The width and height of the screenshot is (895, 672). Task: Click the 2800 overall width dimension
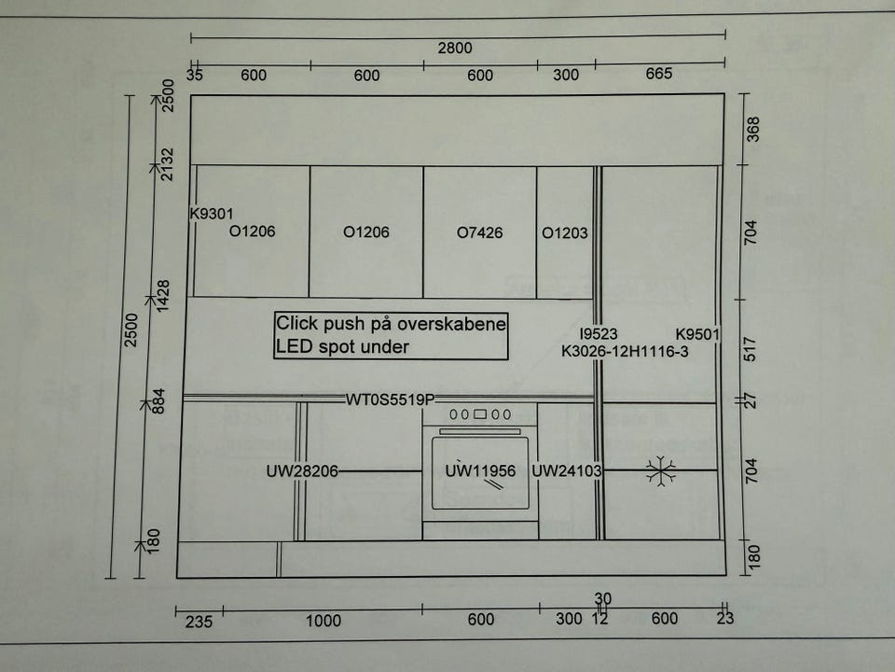pyautogui.click(x=455, y=48)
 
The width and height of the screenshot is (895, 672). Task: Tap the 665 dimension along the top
pyautogui.click(x=659, y=74)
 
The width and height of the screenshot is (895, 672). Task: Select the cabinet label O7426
pyautogui.click(x=479, y=232)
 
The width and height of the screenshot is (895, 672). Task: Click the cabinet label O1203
pyautogui.click(x=565, y=232)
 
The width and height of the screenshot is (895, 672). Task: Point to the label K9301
pyautogui.click(x=212, y=214)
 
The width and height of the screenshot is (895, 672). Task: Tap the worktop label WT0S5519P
pyautogui.click(x=391, y=399)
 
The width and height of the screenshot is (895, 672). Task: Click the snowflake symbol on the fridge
pyautogui.click(x=660, y=471)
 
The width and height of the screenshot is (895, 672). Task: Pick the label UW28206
pyautogui.click(x=302, y=471)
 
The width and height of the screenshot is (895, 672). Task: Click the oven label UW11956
pyautogui.click(x=480, y=470)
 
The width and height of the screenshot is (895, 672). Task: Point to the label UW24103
pyautogui.click(x=567, y=470)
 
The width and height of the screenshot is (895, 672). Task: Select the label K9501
pyautogui.click(x=697, y=334)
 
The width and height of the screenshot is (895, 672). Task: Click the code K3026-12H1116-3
pyautogui.click(x=625, y=352)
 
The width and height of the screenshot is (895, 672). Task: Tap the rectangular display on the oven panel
pyautogui.click(x=480, y=414)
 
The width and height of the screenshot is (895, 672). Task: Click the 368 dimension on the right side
pyautogui.click(x=753, y=129)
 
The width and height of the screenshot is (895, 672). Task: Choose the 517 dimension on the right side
pyautogui.click(x=750, y=349)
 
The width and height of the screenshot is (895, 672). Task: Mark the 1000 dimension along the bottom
pyautogui.click(x=324, y=621)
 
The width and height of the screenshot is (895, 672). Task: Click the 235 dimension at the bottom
pyautogui.click(x=199, y=622)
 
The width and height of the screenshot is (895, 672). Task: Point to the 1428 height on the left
pyautogui.click(x=163, y=296)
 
